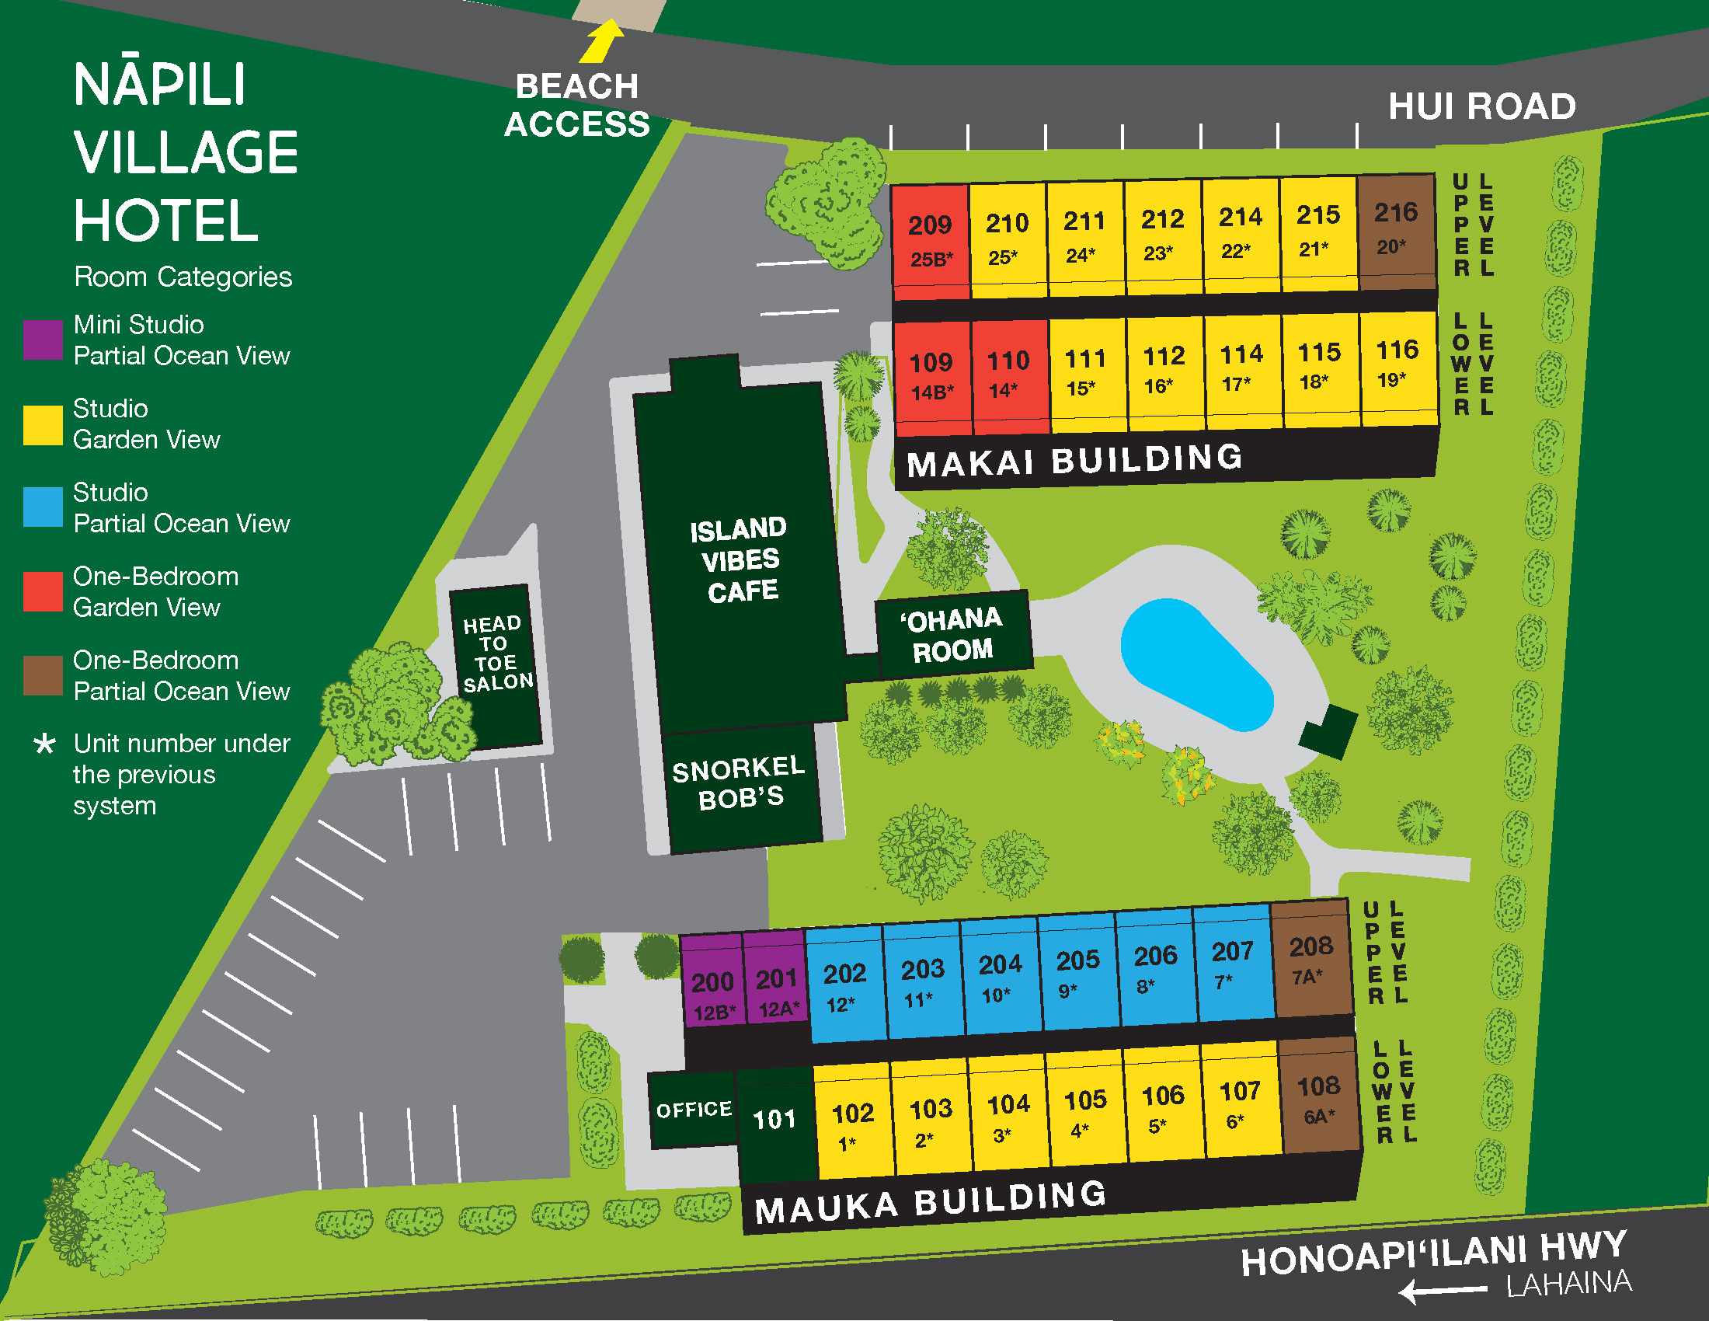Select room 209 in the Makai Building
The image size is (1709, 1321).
pyautogui.click(x=930, y=239)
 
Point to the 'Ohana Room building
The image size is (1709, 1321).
pyautogui.click(x=952, y=635)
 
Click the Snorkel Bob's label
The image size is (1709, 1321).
pyautogui.click(x=740, y=783)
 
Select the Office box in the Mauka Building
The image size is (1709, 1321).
pyautogui.click(x=693, y=1110)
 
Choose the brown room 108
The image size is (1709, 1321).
pyautogui.click(x=1318, y=1097)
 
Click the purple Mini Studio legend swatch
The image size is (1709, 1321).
pyautogui.click(x=42, y=340)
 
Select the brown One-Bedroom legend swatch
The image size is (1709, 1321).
pyautogui.click(x=42, y=675)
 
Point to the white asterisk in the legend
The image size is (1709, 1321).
pyautogui.click(x=44, y=744)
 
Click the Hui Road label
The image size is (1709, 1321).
pyautogui.click(x=1481, y=106)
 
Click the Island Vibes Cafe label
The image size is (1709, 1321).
pyautogui.click(x=740, y=559)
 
